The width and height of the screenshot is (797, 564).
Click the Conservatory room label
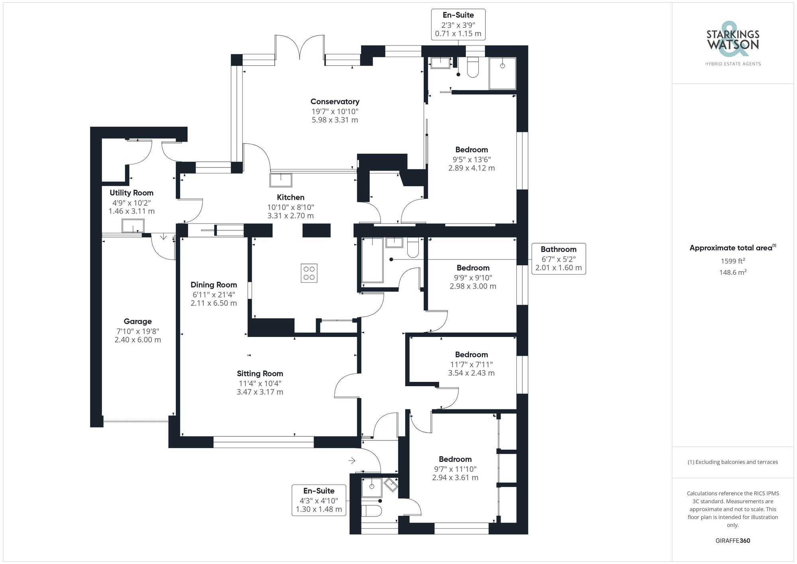(x=335, y=102)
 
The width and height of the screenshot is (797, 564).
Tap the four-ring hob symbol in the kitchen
(x=309, y=273)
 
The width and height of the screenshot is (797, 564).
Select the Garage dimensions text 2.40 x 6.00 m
(x=137, y=340)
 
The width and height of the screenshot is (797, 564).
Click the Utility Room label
(x=132, y=193)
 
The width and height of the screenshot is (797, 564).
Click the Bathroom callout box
(x=558, y=258)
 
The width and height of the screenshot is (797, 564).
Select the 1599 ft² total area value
(x=732, y=261)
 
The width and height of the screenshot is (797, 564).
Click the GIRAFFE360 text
(x=732, y=540)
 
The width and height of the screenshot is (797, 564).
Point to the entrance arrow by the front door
(x=352, y=461)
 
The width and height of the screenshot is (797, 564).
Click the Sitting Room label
(x=260, y=373)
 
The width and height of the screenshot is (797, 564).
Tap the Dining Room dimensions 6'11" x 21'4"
(x=214, y=295)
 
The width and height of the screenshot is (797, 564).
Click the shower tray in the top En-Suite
(x=502, y=73)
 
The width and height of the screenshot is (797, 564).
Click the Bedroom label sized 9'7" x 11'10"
(x=455, y=459)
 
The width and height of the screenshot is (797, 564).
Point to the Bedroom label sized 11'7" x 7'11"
(x=471, y=355)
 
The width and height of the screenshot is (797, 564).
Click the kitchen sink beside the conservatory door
(x=281, y=180)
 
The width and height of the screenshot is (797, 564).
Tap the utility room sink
(x=133, y=226)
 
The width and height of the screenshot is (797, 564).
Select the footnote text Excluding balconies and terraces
(x=732, y=462)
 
